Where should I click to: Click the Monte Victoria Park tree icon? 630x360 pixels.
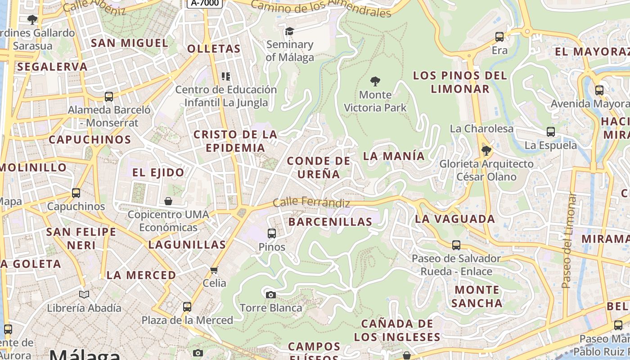(x=375, y=81)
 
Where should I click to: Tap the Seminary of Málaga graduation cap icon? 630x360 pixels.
(x=289, y=31)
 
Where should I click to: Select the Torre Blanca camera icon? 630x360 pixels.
(x=270, y=295)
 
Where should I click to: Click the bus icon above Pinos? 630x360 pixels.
(x=272, y=233)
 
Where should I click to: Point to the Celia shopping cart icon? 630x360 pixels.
(x=214, y=270)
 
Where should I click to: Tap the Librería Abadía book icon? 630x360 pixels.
(x=84, y=294)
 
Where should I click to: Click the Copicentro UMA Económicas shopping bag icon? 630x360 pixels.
(x=168, y=201)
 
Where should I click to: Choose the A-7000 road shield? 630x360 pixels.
(x=205, y=3)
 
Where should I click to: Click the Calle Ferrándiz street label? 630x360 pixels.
(x=311, y=202)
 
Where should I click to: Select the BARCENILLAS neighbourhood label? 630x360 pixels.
(x=330, y=222)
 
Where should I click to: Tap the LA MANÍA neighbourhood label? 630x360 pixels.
(x=394, y=156)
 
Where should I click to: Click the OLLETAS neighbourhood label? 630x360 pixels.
(x=214, y=49)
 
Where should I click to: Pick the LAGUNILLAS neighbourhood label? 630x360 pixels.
(x=187, y=245)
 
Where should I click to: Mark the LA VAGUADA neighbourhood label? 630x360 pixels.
(x=455, y=219)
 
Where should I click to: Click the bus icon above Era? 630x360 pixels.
(x=499, y=37)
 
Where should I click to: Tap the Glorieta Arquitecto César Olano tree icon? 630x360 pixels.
(x=486, y=150)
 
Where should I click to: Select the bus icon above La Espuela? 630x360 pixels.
(x=551, y=132)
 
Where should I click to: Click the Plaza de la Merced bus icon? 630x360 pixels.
(x=187, y=307)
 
